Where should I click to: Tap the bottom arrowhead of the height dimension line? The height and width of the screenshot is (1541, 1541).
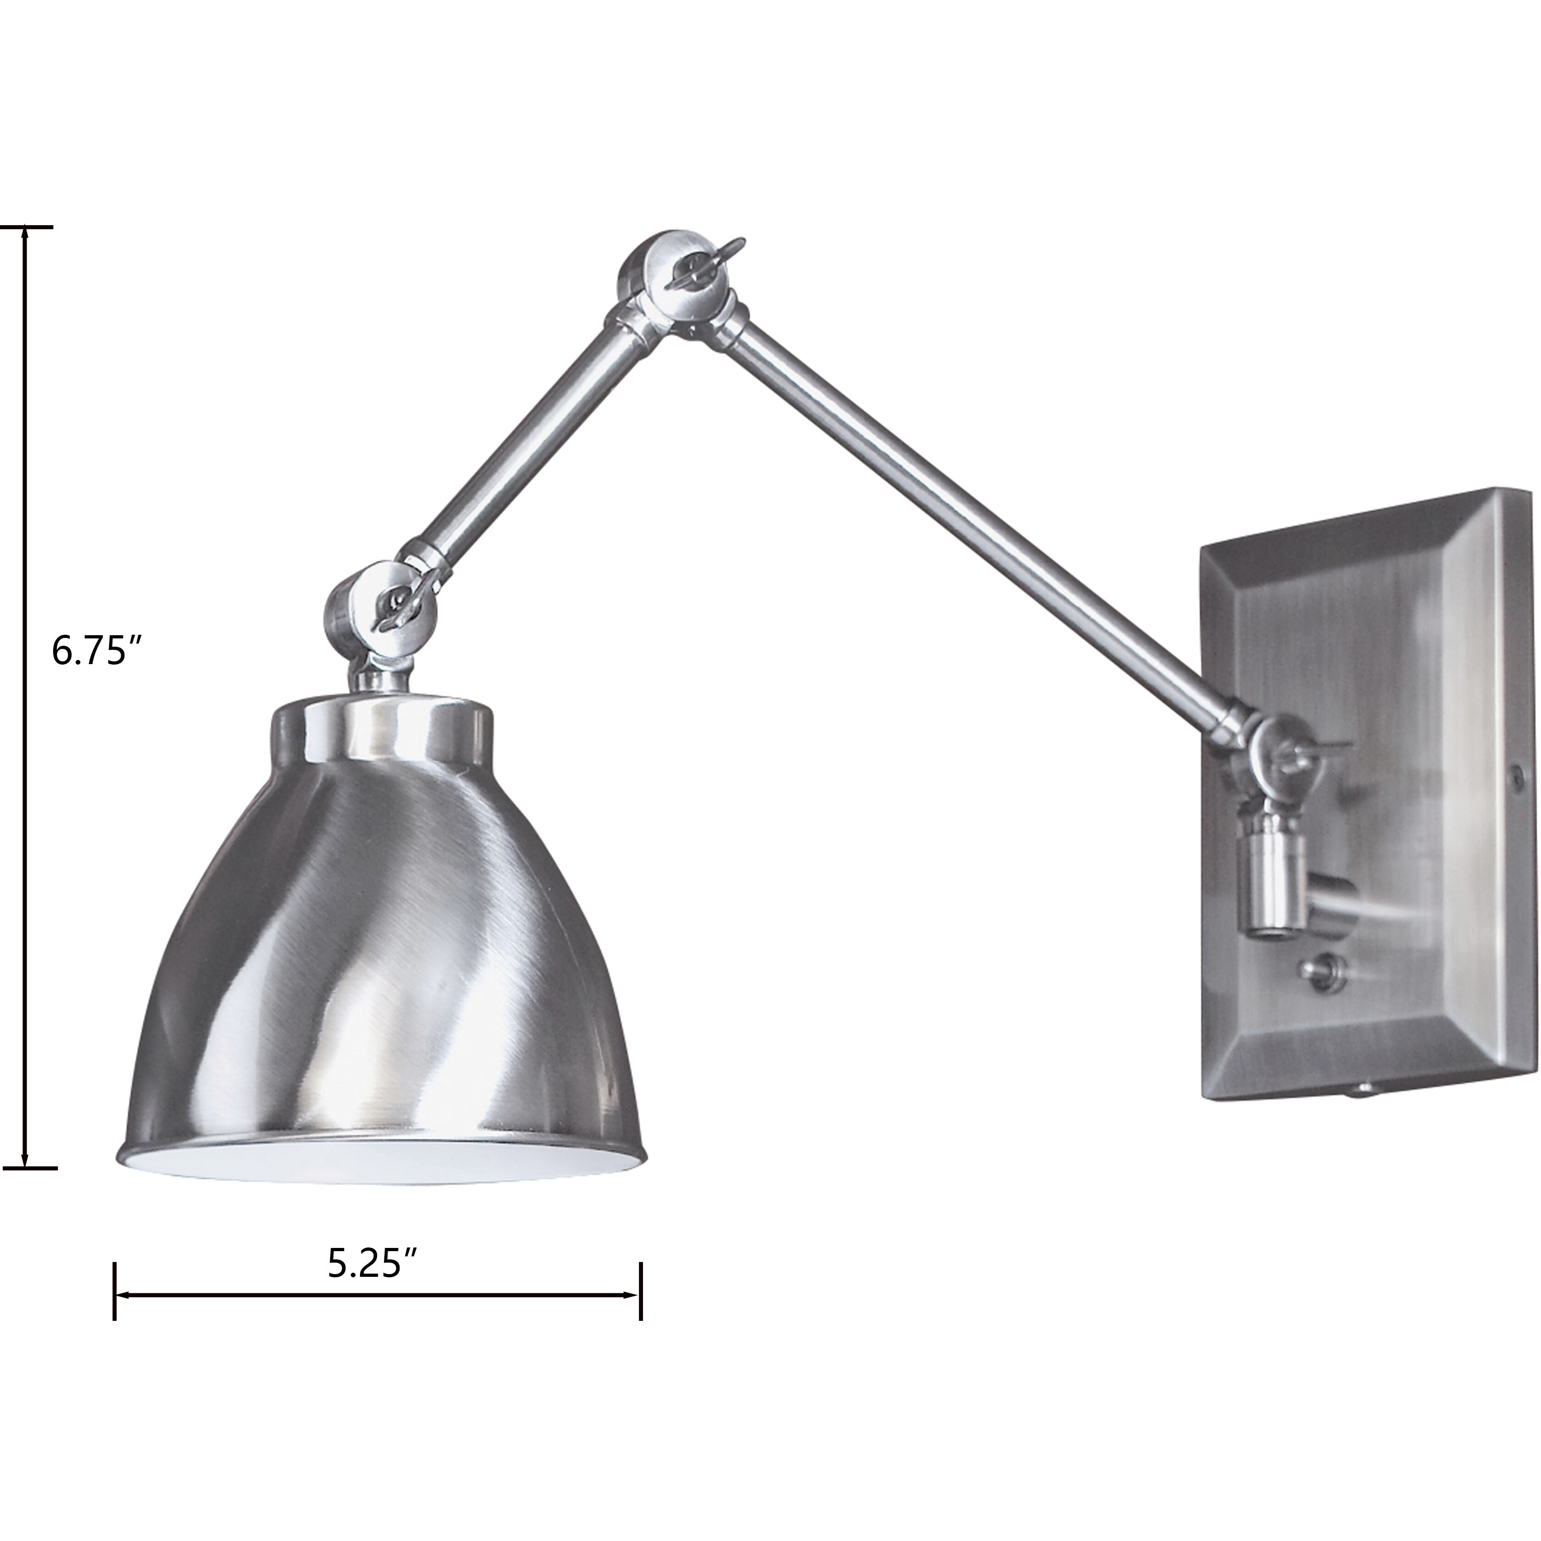point(26,1163)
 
